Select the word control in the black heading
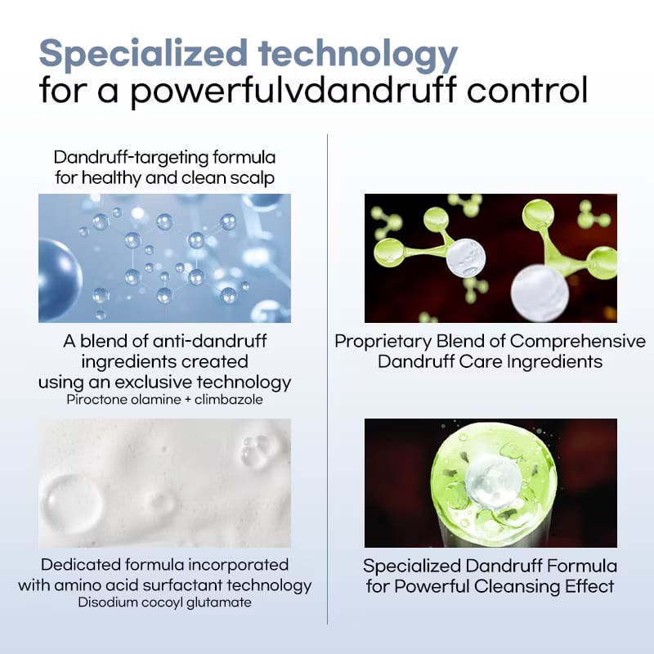click(x=526, y=89)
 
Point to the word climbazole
click(x=229, y=400)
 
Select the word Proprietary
click(x=383, y=341)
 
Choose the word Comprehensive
click(x=578, y=341)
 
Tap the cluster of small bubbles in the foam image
click(x=256, y=451)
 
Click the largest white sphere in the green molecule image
click(x=540, y=293)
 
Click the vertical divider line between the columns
click(x=328, y=379)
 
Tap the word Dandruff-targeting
click(x=131, y=158)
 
